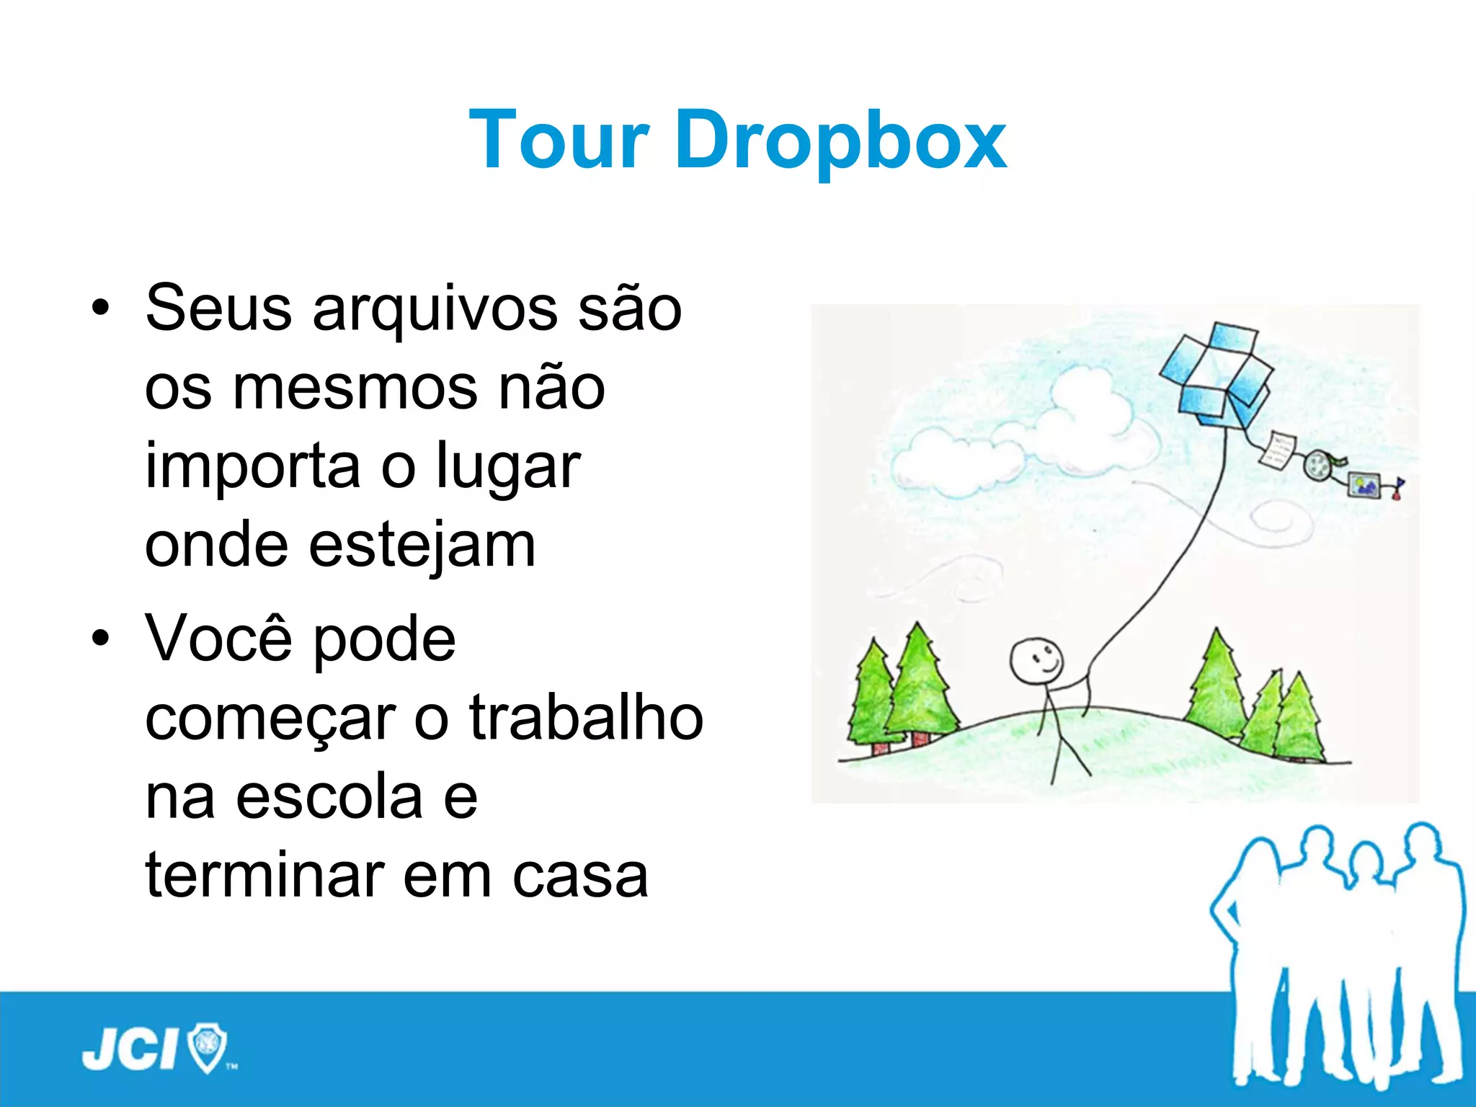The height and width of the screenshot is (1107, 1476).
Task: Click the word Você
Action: click(218, 639)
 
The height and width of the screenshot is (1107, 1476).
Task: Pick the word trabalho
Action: click(586, 719)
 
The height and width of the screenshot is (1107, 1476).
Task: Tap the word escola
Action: click(329, 799)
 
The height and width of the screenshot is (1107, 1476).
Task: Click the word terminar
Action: click(265, 876)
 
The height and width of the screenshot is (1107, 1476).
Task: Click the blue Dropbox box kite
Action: click(1217, 375)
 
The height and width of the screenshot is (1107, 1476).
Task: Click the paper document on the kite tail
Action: click(1278, 450)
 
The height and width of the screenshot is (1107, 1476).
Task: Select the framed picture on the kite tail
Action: click(1364, 484)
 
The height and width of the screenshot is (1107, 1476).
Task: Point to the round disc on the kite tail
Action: click(1320, 465)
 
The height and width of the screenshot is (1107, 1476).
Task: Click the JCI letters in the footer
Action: click(130, 1049)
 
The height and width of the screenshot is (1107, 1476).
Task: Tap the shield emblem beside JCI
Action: click(207, 1047)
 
